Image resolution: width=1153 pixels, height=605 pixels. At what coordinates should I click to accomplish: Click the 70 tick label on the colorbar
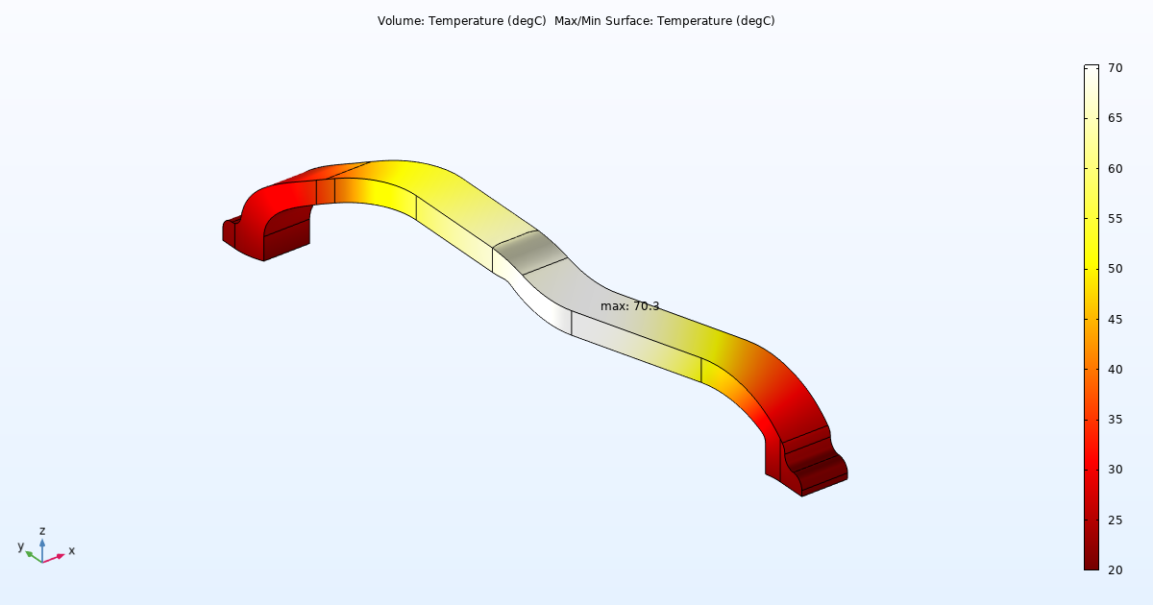pos(1116,68)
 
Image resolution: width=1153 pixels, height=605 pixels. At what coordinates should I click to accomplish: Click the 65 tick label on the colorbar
pos(1116,118)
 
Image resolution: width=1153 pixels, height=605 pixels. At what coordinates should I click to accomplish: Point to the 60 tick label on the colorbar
pos(1116,168)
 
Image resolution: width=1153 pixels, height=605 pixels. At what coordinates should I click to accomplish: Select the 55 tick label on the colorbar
pos(1116,219)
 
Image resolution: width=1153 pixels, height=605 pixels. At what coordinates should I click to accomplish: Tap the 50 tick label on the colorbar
pos(1116,269)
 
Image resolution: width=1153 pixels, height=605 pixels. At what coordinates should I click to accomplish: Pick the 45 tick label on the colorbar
pos(1116,319)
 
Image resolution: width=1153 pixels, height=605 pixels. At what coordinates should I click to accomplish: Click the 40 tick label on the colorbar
pos(1116,369)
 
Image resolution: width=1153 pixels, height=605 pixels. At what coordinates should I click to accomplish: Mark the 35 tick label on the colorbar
pos(1116,419)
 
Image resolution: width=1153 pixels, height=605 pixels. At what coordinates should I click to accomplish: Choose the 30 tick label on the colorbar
pos(1116,470)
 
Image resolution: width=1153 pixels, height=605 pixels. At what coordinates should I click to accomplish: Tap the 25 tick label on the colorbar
pos(1116,520)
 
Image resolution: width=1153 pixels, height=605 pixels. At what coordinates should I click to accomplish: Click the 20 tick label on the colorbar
pos(1116,569)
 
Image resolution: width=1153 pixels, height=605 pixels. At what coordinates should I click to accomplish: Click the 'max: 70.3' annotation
pos(629,306)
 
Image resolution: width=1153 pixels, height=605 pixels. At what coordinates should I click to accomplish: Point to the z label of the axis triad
pos(42,530)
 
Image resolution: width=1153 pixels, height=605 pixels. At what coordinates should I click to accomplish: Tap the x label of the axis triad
pos(72,550)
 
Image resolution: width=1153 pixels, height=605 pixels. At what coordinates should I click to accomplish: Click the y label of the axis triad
pos(20,545)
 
